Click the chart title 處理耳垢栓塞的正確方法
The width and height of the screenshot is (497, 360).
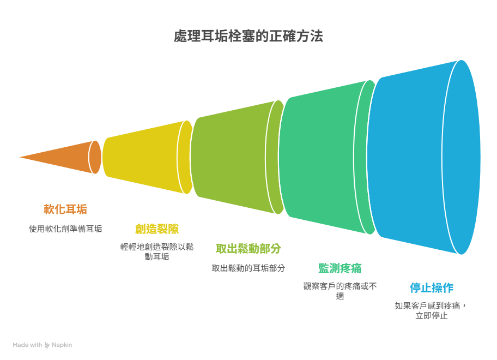248,36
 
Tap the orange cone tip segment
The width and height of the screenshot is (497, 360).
63,157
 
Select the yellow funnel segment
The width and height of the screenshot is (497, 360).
147,157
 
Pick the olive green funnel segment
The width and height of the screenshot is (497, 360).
238,157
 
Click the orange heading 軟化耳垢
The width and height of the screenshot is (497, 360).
65,209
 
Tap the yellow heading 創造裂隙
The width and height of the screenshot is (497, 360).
157,229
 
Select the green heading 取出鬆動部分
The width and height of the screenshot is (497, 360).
248,249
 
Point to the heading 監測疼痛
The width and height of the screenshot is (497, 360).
340,268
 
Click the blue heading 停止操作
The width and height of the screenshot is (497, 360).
432,288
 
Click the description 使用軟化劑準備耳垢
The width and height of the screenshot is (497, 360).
65,229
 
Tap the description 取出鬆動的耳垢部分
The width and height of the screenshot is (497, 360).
248,268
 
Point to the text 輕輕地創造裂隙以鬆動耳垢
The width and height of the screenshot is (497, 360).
157,251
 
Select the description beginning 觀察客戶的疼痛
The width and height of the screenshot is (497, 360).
340,291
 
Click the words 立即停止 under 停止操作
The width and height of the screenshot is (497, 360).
432,316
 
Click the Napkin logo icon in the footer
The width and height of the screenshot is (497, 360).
47,345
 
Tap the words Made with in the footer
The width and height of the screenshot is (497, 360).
27,345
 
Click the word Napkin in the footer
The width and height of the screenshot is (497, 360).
62,345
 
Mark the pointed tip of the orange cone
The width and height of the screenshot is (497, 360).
20,157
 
